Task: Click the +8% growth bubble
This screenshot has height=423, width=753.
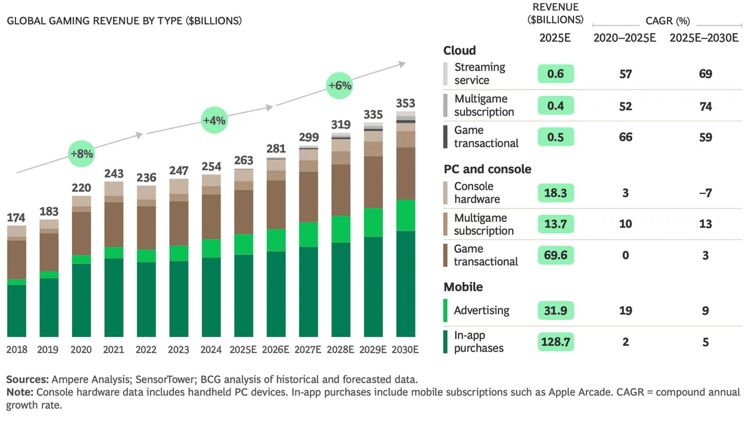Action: [x=81, y=154]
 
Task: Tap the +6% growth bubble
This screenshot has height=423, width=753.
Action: [x=339, y=85]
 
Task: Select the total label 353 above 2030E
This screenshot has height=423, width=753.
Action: [x=405, y=103]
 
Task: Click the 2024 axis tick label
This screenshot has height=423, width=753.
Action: [x=211, y=349]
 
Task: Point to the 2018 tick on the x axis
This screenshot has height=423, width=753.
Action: [x=16, y=349]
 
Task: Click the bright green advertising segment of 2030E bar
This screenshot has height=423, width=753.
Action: [x=406, y=215]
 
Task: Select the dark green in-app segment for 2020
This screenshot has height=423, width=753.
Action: [x=81, y=300]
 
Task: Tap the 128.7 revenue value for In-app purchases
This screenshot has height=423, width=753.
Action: [x=555, y=342]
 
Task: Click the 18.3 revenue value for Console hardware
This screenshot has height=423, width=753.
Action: [x=555, y=193]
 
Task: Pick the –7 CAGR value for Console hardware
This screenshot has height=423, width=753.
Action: [x=705, y=193]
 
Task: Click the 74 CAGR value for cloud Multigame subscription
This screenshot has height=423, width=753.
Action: [x=705, y=106]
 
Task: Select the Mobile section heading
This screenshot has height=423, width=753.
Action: [x=463, y=287]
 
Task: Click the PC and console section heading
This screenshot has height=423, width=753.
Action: [x=487, y=169]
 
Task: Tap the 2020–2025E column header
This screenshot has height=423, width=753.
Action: [x=624, y=38]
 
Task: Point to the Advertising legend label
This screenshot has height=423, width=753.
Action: [x=481, y=310]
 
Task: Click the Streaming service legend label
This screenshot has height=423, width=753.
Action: [x=479, y=74]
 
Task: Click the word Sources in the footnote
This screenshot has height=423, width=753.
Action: [x=27, y=379]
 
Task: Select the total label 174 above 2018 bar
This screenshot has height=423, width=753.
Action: [x=16, y=218]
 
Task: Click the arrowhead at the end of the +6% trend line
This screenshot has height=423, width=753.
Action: [x=402, y=64]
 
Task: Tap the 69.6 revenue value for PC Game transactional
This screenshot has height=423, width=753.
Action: [x=555, y=255]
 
